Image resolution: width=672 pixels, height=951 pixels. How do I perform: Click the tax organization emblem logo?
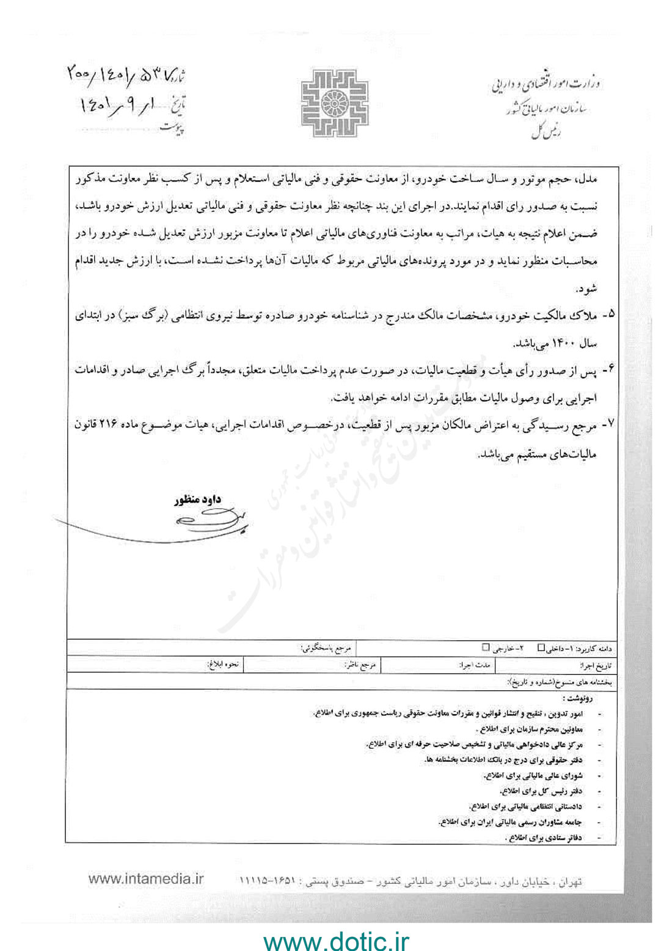[x=334, y=102]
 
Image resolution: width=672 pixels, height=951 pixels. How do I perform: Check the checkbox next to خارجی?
[x=486, y=647]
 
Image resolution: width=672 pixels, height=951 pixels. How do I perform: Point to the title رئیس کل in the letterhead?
[x=546, y=133]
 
